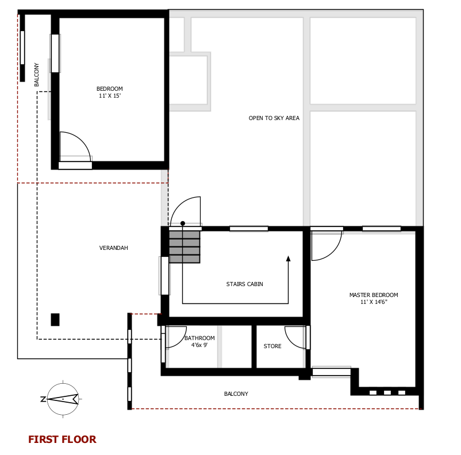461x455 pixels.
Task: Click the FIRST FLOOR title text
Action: (62, 439)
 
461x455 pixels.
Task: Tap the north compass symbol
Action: (62, 399)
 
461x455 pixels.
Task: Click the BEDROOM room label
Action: (110, 89)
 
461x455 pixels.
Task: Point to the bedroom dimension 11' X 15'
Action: (110, 95)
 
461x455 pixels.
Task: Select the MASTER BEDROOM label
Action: (374, 295)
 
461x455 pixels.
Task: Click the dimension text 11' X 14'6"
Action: (374, 302)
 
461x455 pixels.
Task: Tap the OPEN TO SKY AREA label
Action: (274, 118)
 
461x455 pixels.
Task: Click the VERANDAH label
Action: (113, 248)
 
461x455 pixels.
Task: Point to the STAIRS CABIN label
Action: (245, 284)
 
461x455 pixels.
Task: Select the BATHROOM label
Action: (199, 338)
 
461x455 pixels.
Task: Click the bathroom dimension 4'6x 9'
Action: (199, 345)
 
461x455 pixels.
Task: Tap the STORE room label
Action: (272, 346)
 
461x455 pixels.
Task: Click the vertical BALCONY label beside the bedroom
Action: (36, 75)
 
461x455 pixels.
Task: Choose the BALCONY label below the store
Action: (236, 394)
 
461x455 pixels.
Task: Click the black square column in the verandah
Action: (55, 319)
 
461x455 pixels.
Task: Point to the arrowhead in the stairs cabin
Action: (288, 259)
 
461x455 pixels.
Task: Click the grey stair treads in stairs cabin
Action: (185, 246)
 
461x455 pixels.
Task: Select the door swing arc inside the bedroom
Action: (82, 140)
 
